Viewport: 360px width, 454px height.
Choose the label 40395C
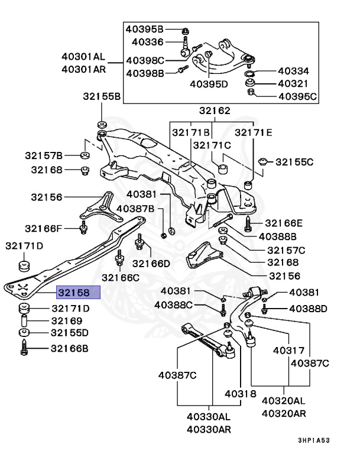(297, 96)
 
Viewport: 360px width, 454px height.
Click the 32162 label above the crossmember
(215, 111)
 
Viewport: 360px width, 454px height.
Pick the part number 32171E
(254, 132)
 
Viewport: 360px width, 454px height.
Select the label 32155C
(294, 161)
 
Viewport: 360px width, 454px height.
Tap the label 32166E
(284, 223)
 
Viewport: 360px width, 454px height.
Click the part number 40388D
(307, 309)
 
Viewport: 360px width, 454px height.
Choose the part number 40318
(240, 394)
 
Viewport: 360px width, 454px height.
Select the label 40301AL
(83, 57)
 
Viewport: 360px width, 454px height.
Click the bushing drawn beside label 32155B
(100, 124)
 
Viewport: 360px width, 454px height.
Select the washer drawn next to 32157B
(84, 155)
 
